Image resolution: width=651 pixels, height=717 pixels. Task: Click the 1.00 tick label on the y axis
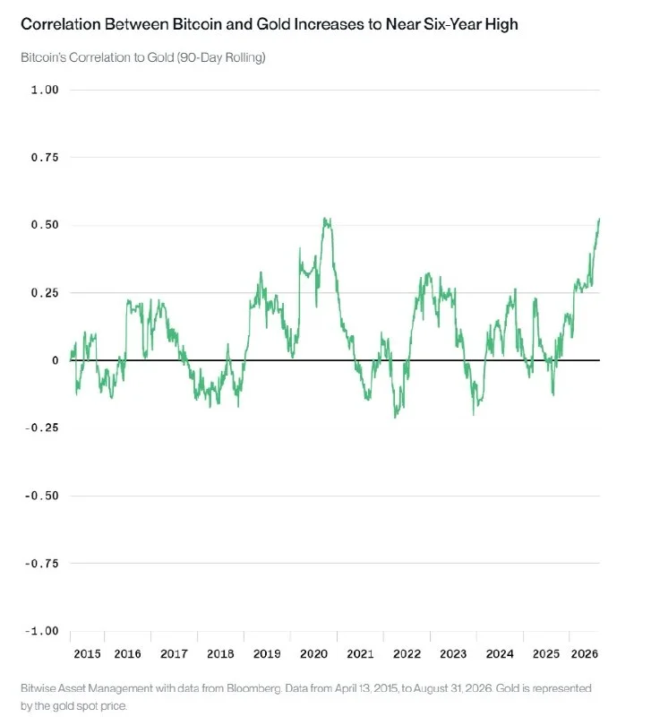tap(45, 90)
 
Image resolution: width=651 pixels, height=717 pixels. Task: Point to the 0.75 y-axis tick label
tap(45, 158)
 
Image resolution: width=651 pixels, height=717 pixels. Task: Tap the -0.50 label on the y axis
tap(41, 496)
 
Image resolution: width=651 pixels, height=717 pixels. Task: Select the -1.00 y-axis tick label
tap(41, 631)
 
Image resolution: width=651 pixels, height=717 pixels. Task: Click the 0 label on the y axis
tap(56, 360)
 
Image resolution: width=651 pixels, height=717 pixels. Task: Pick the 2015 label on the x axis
tap(87, 654)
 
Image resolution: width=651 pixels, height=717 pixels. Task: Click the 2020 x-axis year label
tap(313, 654)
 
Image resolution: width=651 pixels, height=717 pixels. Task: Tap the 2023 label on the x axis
tap(453, 654)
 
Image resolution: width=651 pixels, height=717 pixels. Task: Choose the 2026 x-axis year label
tap(585, 654)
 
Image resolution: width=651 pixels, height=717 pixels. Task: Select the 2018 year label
tap(220, 654)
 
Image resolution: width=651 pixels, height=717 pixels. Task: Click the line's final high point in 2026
tap(599, 220)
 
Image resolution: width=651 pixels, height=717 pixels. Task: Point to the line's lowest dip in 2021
tap(368, 399)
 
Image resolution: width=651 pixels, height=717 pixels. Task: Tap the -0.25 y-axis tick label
tap(41, 428)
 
